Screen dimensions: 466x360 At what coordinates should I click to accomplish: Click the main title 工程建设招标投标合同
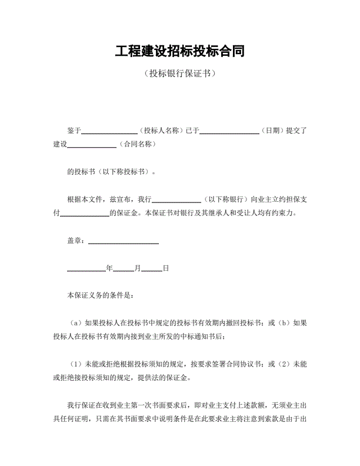(179, 51)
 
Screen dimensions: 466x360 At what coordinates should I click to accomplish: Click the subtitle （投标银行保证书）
(179, 74)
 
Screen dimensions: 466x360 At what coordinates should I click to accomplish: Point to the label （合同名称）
(136, 144)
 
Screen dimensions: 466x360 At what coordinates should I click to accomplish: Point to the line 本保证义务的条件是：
(101, 295)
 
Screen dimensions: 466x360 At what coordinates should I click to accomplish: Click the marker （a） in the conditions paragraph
(76, 322)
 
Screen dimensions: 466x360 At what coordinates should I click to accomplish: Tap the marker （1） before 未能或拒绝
(76, 364)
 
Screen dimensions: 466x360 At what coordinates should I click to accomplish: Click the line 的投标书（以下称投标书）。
(112, 172)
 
